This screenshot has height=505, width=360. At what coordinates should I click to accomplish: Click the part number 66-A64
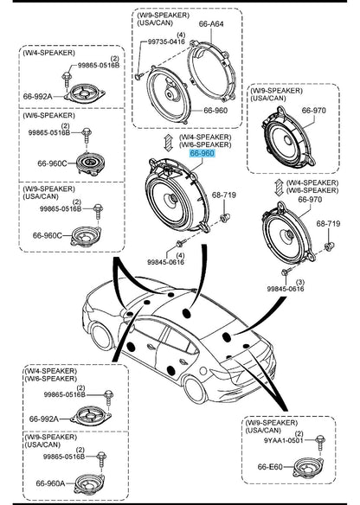[211, 24]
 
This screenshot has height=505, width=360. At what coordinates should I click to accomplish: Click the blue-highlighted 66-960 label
[202, 153]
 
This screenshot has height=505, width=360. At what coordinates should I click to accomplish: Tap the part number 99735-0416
[166, 42]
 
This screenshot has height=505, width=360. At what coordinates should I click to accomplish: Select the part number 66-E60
[270, 467]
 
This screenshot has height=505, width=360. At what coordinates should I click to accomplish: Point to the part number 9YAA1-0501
[284, 440]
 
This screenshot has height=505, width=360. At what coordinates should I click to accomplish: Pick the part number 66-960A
[50, 483]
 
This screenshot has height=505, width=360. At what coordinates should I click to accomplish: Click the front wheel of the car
[101, 336]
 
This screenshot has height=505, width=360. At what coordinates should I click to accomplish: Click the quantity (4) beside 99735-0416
[181, 35]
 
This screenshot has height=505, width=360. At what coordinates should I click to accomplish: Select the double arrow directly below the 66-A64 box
[168, 142]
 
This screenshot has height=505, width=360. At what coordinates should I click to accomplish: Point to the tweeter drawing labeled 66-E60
[309, 467]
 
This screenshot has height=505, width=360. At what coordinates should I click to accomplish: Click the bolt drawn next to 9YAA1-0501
[320, 444]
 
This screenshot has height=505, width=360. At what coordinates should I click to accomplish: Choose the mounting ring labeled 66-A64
[211, 72]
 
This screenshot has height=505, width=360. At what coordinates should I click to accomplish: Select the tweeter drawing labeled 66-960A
[89, 484]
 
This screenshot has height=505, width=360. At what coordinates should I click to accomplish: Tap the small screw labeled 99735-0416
[138, 76]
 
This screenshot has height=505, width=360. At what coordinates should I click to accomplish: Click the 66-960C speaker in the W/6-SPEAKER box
[90, 164]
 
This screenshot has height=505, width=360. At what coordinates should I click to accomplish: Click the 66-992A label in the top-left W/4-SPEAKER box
[37, 96]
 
